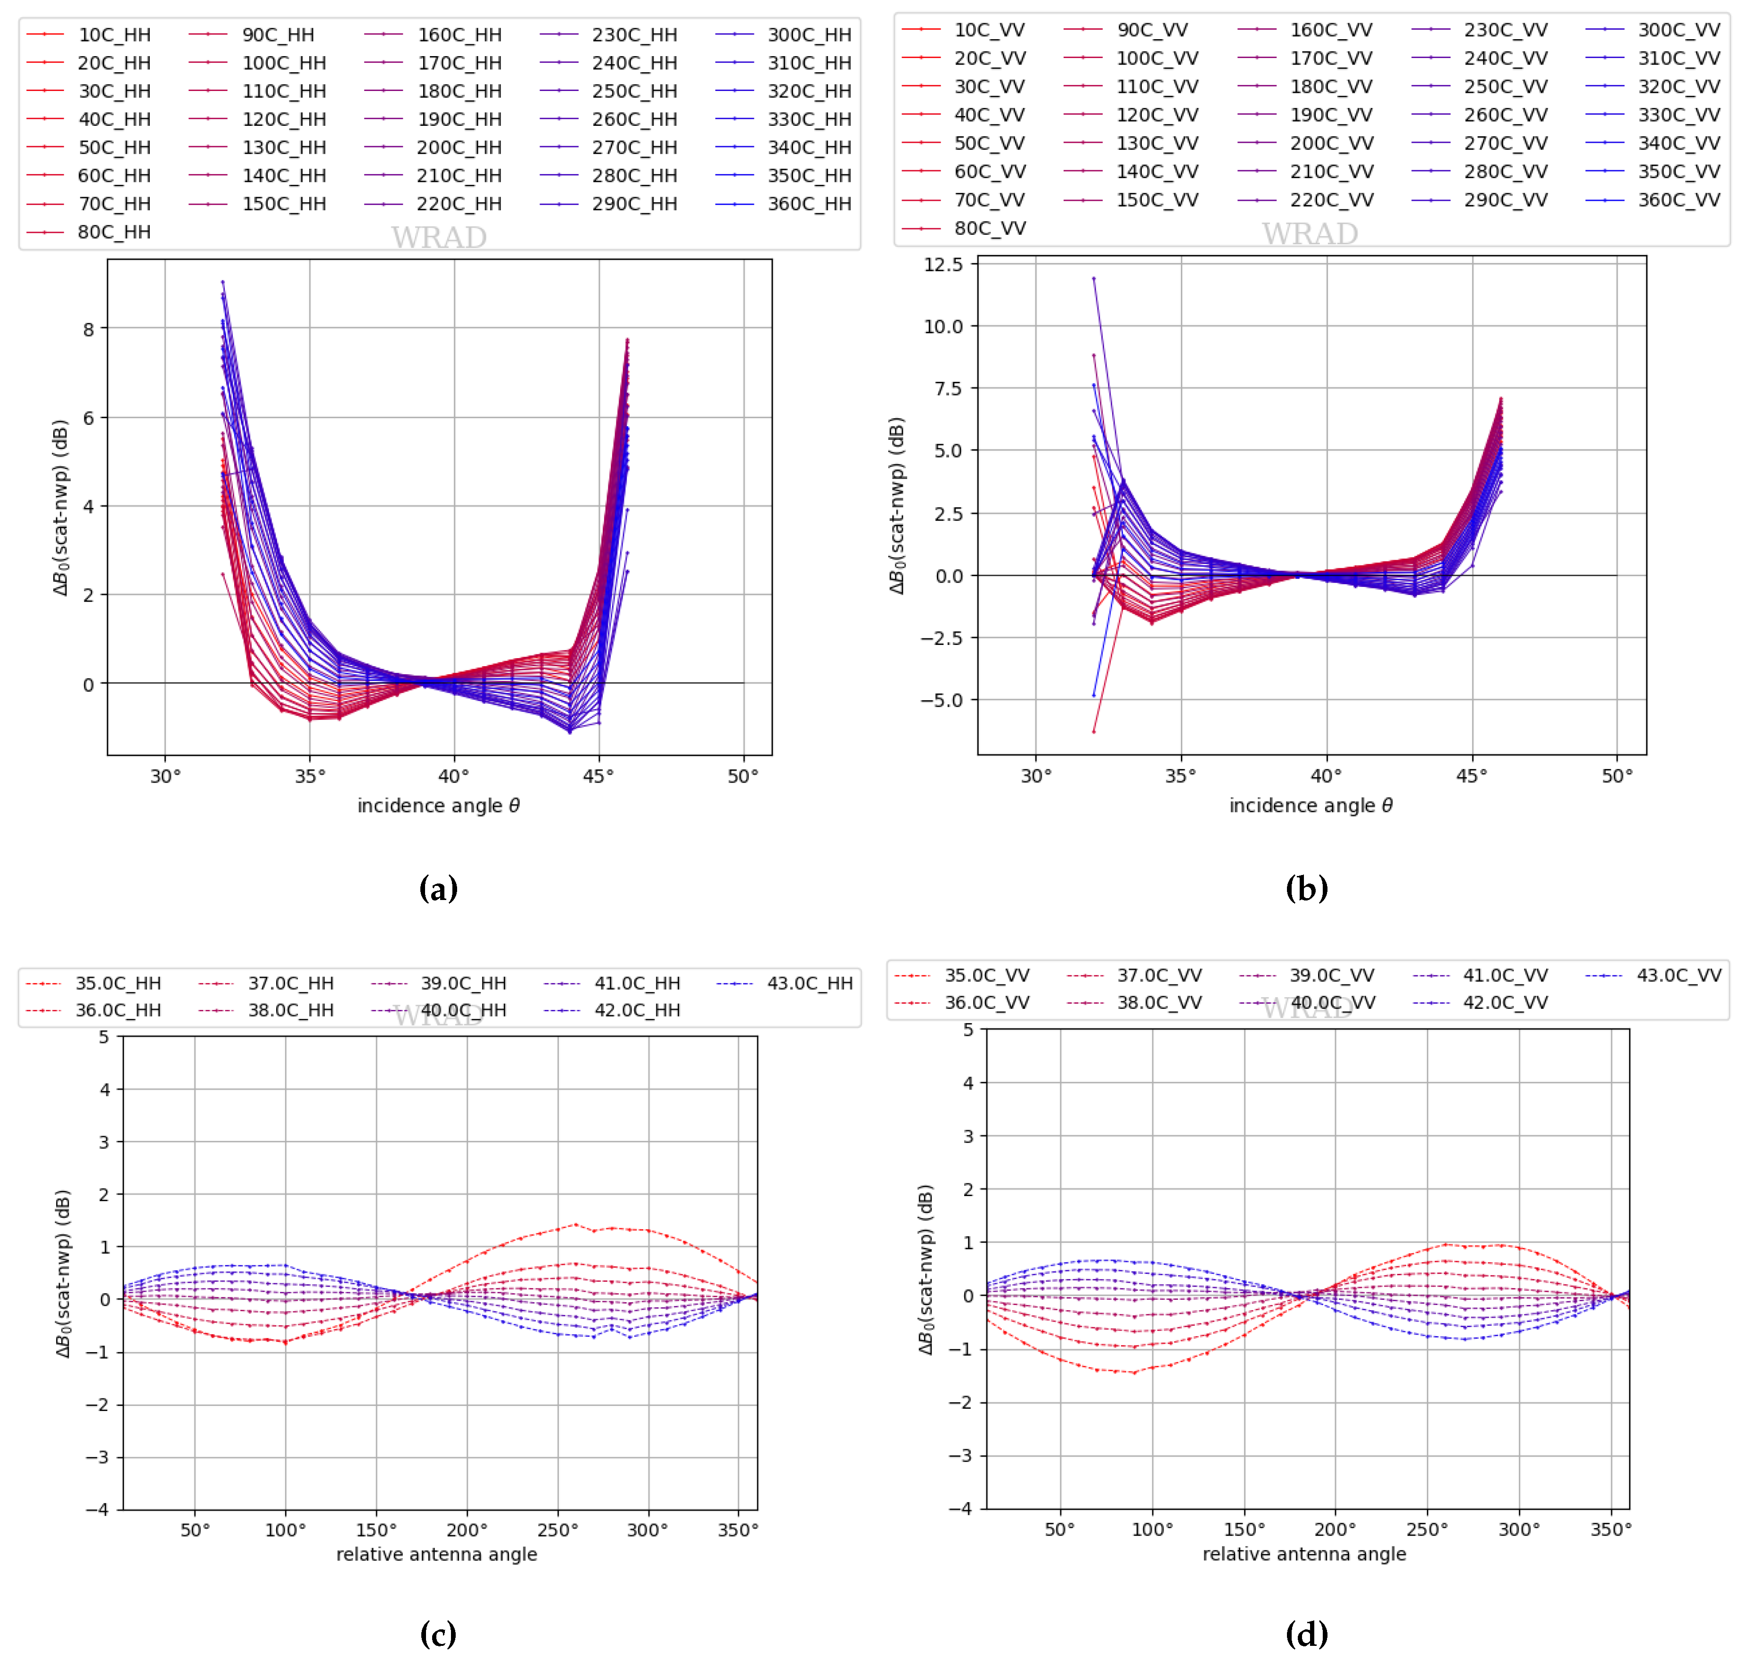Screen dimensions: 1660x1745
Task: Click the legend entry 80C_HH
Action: click(x=113, y=232)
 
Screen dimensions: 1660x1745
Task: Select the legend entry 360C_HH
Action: click(x=808, y=204)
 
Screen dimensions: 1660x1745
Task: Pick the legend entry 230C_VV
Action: click(x=1505, y=30)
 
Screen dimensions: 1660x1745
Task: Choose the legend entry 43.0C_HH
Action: click(x=808, y=983)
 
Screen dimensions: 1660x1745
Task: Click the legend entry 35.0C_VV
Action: click(x=986, y=975)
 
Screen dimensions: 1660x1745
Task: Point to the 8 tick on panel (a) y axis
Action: click(x=89, y=329)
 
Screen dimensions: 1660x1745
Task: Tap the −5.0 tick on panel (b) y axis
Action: click(x=941, y=700)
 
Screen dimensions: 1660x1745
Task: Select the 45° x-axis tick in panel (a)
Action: click(x=599, y=776)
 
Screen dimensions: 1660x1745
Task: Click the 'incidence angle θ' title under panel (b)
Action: click(x=1310, y=805)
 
